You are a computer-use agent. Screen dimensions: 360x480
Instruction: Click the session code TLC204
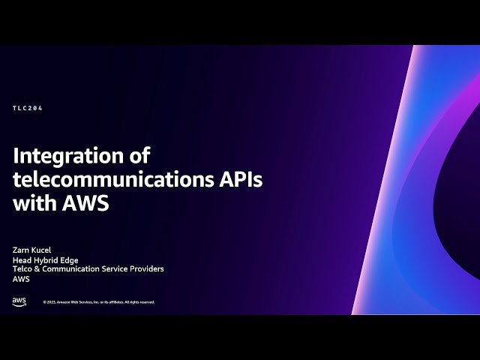pyautogui.click(x=28, y=108)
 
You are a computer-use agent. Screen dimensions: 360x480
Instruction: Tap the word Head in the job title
pyautogui.click(x=22, y=260)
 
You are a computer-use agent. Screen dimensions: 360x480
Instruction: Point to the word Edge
pyautogui.click(x=69, y=260)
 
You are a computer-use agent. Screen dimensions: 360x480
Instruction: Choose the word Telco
pyautogui.click(x=22, y=268)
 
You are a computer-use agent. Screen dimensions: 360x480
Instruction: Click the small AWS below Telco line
pyautogui.click(x=21, y=278)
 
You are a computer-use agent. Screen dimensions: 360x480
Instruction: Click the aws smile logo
pyautogui.click(x=19, y=301)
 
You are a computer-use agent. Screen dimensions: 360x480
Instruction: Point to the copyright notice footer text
pyautogui.click(x=98, y=302)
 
